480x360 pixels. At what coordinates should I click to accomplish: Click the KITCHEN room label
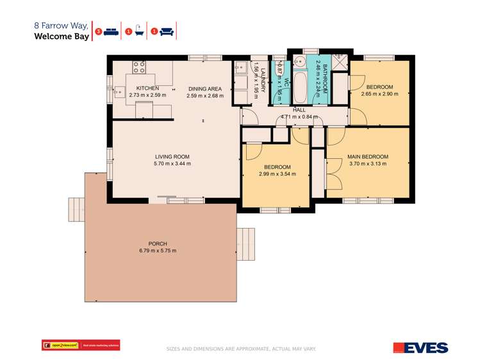(147, 88)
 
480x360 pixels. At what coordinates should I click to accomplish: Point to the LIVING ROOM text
(172, 156)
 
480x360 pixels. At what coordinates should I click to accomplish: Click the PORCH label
(158, 243)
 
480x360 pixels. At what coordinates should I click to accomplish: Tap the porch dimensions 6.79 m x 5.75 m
(158, 250)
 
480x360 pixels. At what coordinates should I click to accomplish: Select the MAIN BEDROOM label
(368, 156)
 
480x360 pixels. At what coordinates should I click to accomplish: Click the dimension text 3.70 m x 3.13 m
(368, 164)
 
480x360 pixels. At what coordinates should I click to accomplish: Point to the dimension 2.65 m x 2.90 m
(379, 94)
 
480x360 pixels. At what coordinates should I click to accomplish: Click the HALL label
(299, 110)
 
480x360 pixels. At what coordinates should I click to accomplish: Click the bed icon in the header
(112, 31)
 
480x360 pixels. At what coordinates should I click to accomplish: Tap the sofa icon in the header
(167, 31)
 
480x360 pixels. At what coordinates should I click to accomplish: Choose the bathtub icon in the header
(139, 31)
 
